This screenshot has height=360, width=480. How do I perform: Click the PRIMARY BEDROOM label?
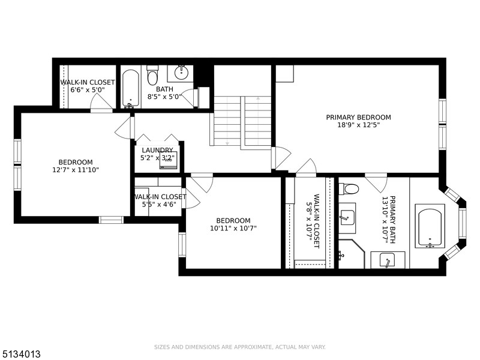(x=358, y=117)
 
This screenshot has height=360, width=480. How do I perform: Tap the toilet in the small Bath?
(x=152, y=76)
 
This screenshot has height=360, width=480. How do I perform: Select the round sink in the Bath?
(x=182, y=73)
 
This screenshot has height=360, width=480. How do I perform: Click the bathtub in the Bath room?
(x=131, y=89)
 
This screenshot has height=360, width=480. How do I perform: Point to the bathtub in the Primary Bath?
(x=430, y=228)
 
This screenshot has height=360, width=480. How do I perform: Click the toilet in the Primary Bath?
(x=349, y=188)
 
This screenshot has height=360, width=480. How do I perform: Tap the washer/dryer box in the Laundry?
(x=169, y=160)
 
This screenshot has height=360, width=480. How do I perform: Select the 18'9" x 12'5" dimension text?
(x=358, y=125)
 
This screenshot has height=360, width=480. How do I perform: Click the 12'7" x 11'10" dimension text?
(x=76, y=170)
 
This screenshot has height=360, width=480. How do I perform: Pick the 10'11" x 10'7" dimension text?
(x=233, y=228)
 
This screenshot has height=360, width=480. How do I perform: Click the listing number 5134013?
(x=20, y=354)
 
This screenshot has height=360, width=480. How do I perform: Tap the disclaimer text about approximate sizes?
(x=239, y=347)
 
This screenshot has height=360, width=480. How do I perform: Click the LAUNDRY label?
(x=157, y=151)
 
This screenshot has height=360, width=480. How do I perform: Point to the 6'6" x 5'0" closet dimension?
(x=88, y=90)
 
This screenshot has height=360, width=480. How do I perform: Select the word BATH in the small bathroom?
(x=164, y=89)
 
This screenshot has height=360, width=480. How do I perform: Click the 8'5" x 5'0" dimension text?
(x=164, y=97)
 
